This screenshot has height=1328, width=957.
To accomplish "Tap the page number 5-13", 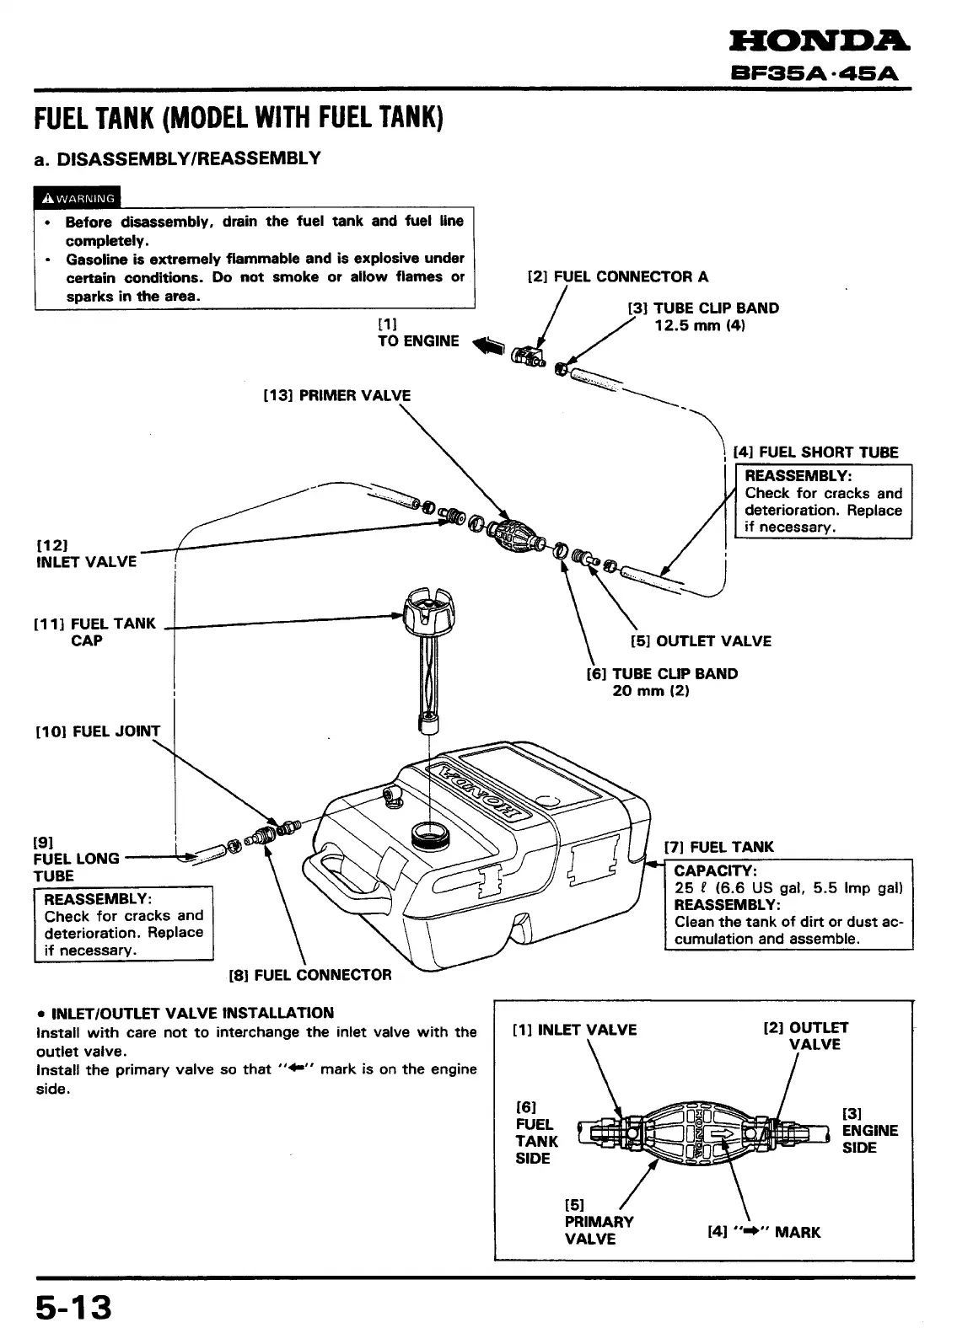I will (73, 1307).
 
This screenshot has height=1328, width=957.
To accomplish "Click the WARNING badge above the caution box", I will (78, 199).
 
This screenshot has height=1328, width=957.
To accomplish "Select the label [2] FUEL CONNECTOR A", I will (617, 276).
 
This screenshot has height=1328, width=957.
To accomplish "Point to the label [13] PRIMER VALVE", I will (337, 395).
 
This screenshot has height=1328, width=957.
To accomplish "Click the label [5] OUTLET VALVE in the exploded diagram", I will (701, 641).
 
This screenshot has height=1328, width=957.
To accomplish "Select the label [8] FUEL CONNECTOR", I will (310, 975).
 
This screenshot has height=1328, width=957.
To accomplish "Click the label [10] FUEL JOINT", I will (97, 731).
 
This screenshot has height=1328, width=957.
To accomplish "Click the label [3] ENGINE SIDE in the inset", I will (870, 1131).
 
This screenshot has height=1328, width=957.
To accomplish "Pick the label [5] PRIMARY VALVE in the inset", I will (599, 1222).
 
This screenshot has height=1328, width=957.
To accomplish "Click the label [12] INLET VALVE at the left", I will (86, 553).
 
